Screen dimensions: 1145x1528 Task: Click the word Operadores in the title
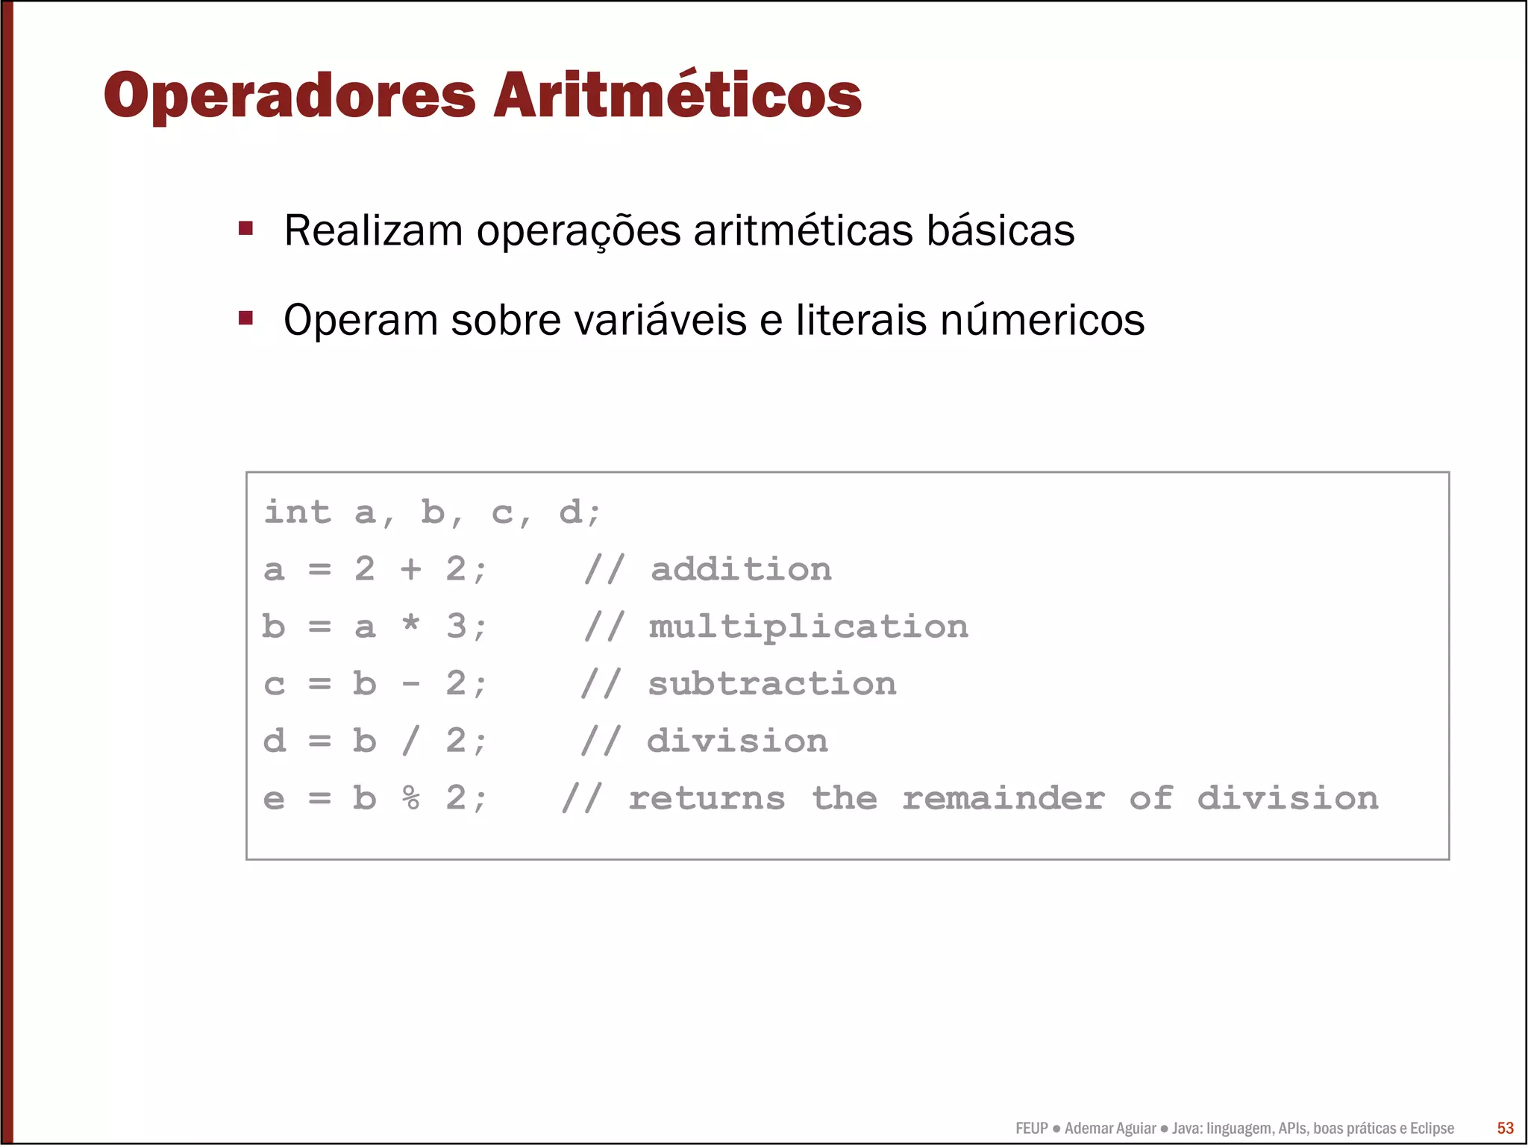(289, 95)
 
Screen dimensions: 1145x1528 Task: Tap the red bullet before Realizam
(245, 228)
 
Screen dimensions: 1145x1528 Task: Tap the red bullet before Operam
(245, 319)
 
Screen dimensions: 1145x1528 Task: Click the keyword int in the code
(297, 512)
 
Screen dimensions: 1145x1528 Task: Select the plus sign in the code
(410, 570)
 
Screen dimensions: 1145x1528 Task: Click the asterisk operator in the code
(410, 624)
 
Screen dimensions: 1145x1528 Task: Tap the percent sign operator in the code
(410, 798)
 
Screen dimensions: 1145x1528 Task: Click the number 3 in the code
(456, 627)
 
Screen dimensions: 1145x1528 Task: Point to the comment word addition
(741, 570)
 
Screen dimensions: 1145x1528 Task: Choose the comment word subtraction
(772, 684)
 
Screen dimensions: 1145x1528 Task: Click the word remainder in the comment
(1003, 799)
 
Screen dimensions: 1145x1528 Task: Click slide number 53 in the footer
(1505, 1128)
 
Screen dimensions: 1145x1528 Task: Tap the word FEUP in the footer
(1031, 1129)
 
